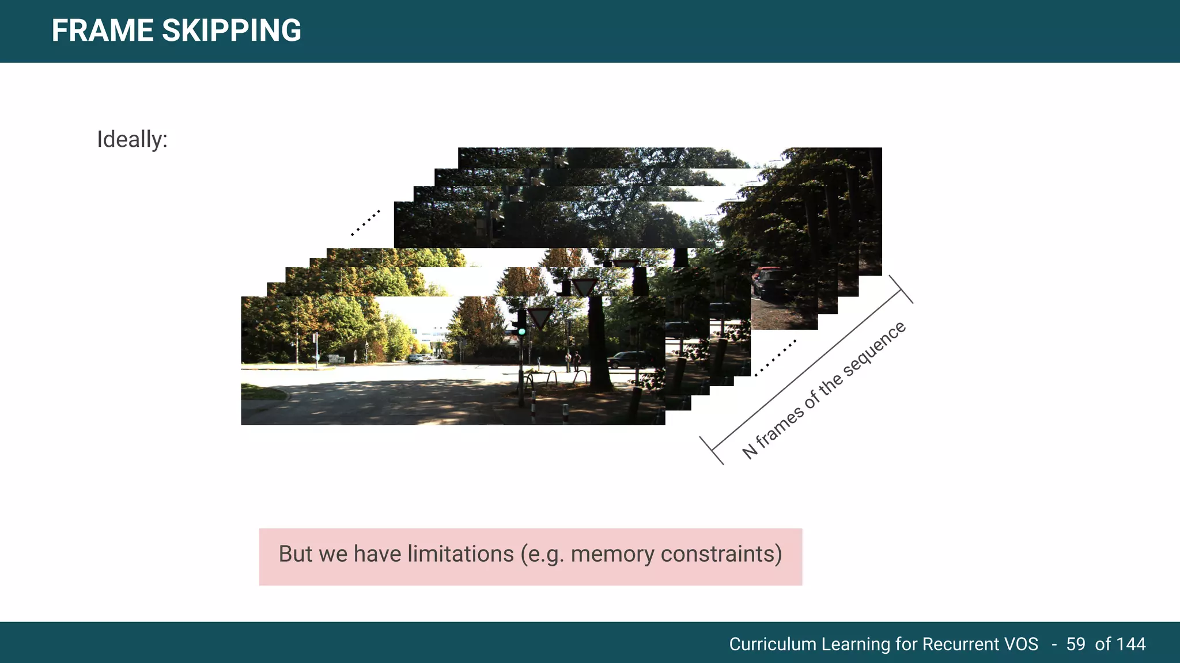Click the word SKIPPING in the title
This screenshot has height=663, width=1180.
pos(232,31)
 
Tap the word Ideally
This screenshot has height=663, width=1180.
pos(132,139)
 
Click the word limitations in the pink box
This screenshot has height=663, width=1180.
pos(460,554)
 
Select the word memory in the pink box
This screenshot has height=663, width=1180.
pos(612,554)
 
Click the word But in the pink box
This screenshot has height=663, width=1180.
pos(295,554)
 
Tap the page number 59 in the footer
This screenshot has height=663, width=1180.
pos(1075,643)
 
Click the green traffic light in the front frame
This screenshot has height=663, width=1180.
pos(521,331)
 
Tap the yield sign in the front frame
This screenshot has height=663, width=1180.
pos(540,317)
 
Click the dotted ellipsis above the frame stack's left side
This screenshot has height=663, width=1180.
pos(365,223)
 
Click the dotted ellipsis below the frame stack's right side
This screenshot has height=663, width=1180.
pos(776,358)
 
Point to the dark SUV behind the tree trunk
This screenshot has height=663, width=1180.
pos(629,360)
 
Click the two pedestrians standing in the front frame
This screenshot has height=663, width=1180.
pos(572,361)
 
